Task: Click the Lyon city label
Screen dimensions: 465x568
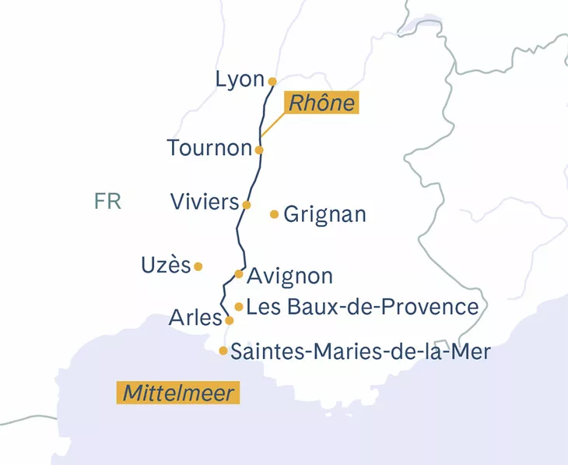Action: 240,79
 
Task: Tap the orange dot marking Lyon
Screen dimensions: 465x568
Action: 272,81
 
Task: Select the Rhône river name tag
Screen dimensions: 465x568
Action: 321,103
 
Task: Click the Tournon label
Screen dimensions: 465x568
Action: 209,148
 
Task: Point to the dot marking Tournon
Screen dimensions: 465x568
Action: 259,150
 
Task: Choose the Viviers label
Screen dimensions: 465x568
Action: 205,203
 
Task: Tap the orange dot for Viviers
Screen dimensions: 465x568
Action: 247,205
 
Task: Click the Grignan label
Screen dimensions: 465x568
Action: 325,215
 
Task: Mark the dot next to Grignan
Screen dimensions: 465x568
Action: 274,214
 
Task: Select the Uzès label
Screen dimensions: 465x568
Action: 166,265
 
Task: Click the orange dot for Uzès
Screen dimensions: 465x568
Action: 198,266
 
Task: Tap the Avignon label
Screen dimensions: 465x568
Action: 289,276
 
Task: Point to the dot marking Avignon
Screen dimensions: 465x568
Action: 239,273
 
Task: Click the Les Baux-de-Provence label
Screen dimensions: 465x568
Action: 362,307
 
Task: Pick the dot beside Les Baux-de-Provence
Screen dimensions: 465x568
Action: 239,307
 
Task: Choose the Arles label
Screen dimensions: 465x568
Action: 195,319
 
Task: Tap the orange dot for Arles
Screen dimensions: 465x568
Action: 229,320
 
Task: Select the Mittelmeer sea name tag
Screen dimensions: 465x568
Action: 177,393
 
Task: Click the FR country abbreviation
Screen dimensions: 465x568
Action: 107,202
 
